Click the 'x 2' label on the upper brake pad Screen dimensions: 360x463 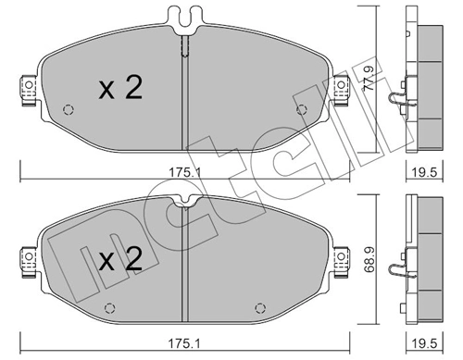pyautogui.click(x=119, y=90)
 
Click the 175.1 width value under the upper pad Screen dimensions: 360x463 pyautogui.click(x=185, y=170)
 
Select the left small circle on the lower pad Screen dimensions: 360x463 pyautogui.click(x=108, y=308)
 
